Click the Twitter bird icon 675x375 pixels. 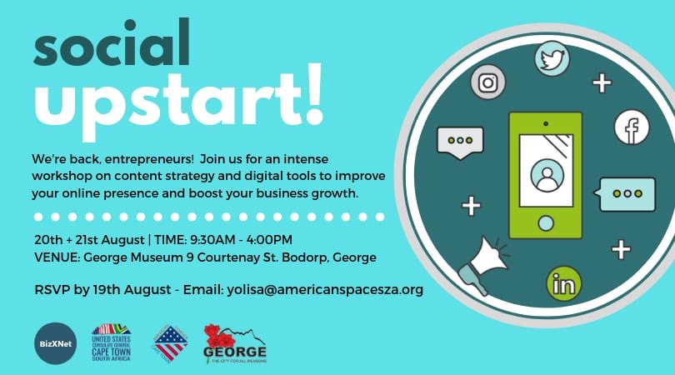click(550, 60)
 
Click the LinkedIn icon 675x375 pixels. click(564, 285)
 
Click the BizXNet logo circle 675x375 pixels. click(52, 342)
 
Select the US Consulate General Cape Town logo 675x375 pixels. click(110, 342)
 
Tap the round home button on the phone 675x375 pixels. click(546, 223)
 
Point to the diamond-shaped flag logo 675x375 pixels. click(170, 342)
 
